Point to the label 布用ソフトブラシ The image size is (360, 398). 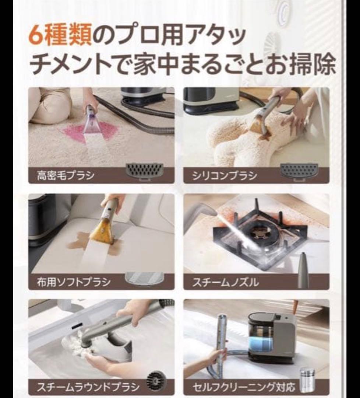pyautogui.click(x=74, y=282)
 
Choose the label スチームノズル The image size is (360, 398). pyautogui.click(x=226, y=283)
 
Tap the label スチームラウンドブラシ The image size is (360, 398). pyautogui.click(x=88, y=387)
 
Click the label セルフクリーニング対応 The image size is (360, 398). pyautogui.click(x=244, y=387)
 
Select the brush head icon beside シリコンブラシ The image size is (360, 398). pyautogui.click(x=299, y=171)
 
